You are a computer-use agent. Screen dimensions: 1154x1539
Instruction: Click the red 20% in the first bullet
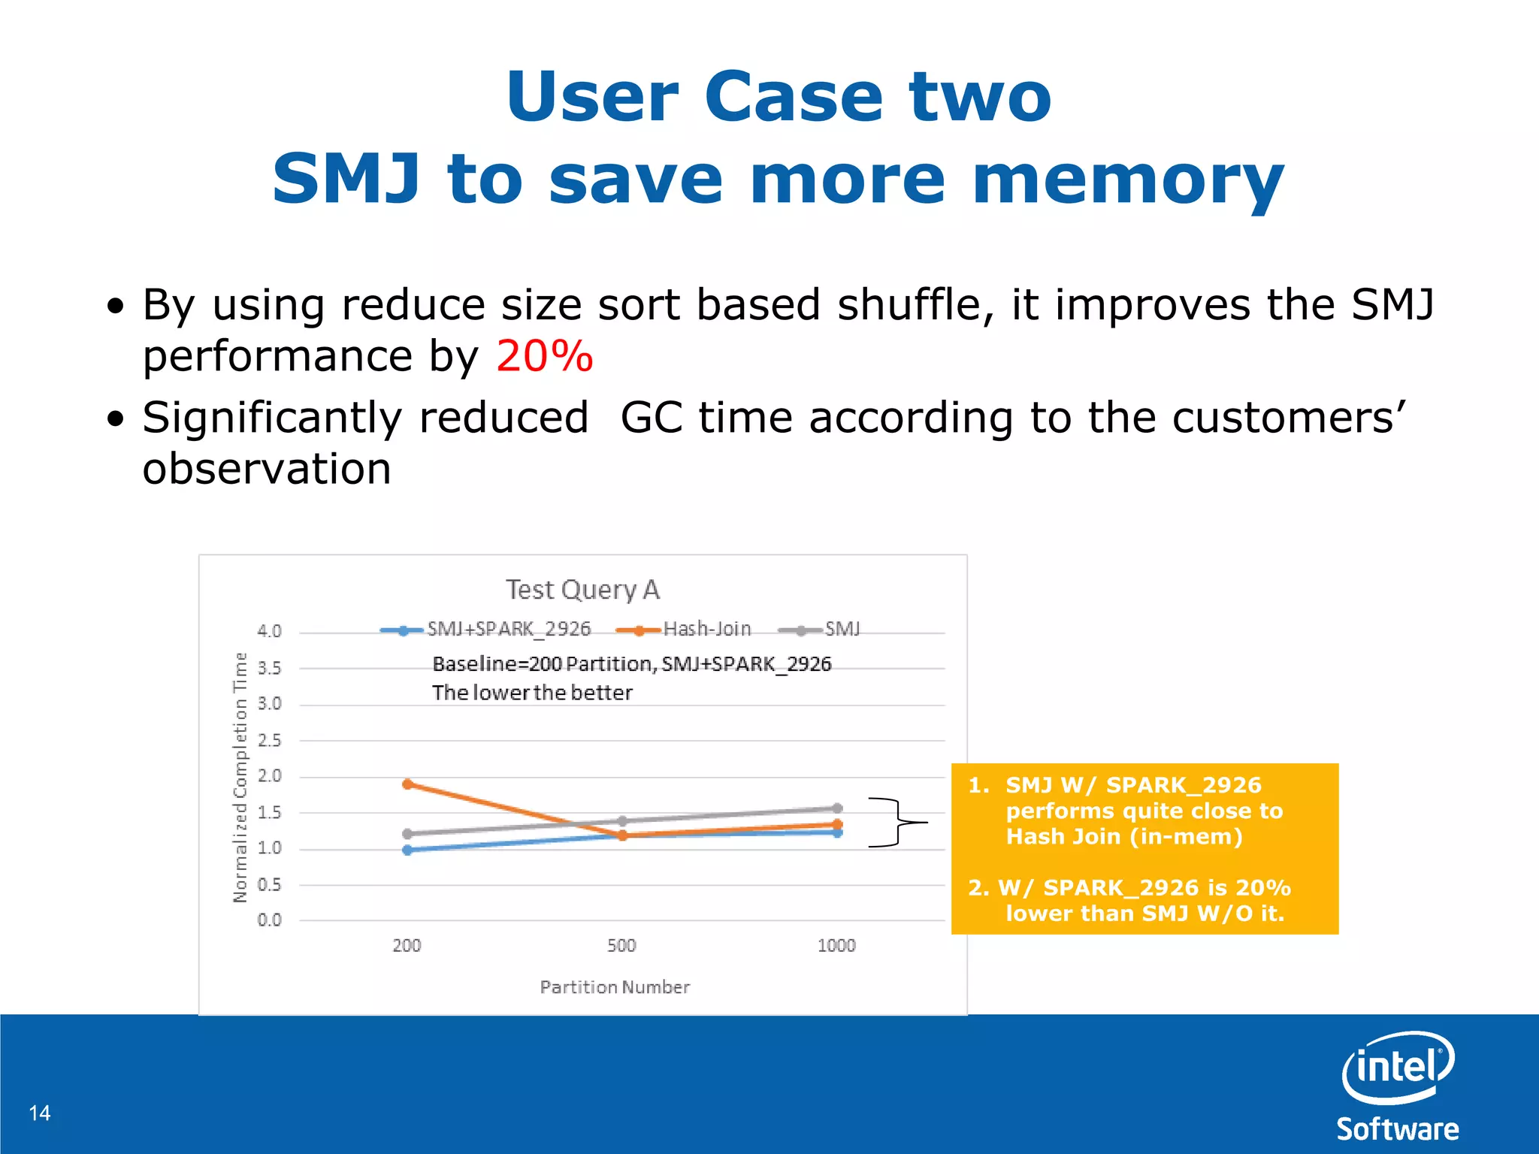click(x=544, y=356)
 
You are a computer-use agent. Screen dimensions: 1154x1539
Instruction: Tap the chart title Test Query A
click(x=582, y=590)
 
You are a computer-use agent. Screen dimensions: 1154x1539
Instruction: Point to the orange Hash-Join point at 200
click(x=407, y=784)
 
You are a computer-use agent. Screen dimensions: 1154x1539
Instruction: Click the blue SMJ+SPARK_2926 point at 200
click(x=407, y=850)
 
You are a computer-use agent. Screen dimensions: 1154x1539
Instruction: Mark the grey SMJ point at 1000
click(x=837, y=808)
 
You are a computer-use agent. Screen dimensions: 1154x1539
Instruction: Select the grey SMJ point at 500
click(x=622, y=821)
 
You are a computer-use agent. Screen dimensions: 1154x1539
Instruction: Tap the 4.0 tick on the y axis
click(x=269, y=631)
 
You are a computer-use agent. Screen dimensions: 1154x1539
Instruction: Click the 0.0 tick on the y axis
click(x=269, y=920)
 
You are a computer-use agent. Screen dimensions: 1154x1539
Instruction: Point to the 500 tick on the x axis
click(x=621, y=946)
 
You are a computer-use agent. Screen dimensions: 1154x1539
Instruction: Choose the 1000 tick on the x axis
click(x=836, y=946)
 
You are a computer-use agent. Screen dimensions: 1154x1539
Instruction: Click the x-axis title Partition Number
click(x=615, y=987)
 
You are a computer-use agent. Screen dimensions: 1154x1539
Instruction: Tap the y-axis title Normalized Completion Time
click(x=240, y=777)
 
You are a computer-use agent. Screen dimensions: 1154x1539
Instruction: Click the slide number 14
click(x=40, y=1113)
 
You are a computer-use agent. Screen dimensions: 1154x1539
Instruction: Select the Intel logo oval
click(x=1398, y=1067)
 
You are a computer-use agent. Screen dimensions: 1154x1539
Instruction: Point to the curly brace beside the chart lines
click(x=897, y=823)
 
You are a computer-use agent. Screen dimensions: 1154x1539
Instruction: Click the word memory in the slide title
click(x=1127, y=180)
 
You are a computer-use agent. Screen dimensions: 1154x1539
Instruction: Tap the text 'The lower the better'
click(x=532, y=693)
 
